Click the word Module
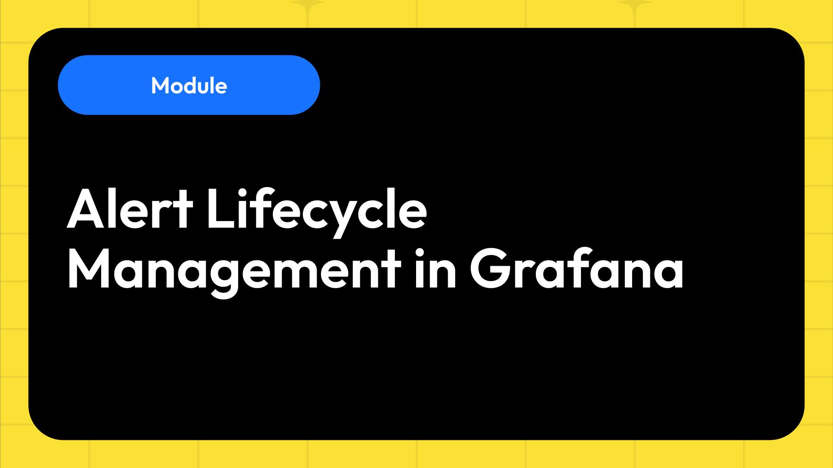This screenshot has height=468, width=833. tap(189, 85)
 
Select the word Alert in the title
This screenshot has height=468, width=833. tap(130, 210)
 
